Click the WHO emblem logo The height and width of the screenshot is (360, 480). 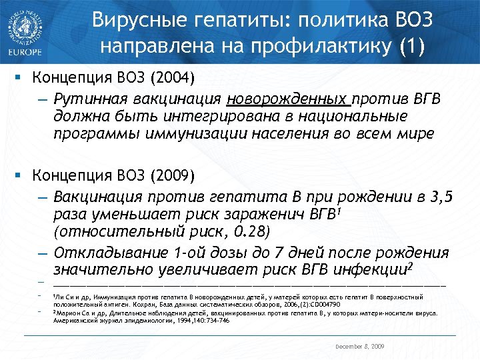[25, 23]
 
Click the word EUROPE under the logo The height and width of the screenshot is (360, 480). [24, 51]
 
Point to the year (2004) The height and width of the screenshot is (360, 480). [173, 78]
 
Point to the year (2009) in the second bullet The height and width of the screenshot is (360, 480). [173, 176]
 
